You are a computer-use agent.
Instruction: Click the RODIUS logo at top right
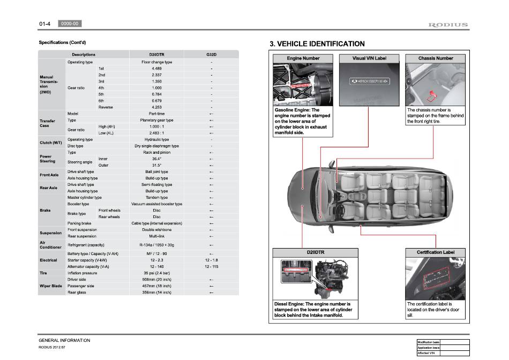pos(448,25)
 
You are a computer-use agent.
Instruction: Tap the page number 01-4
pos(44,24)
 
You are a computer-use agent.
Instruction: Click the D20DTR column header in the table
pos(156,55)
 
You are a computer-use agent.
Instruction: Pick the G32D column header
pos(212,55)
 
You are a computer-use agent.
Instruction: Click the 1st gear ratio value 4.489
pos(156,69)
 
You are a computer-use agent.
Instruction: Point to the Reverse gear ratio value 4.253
pos(156,107)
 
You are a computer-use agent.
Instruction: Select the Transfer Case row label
pos(47,123)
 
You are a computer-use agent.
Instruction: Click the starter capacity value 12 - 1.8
pos(212,260)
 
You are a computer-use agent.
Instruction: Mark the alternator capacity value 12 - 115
pos(212,266)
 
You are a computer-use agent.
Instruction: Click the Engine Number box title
pos(303,58)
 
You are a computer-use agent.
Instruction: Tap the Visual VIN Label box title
pos(369,58)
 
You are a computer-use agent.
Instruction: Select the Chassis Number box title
pos(436,58)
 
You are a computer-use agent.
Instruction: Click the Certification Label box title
pos(435,252)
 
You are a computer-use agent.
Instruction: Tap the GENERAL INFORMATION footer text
pos(64,341)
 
